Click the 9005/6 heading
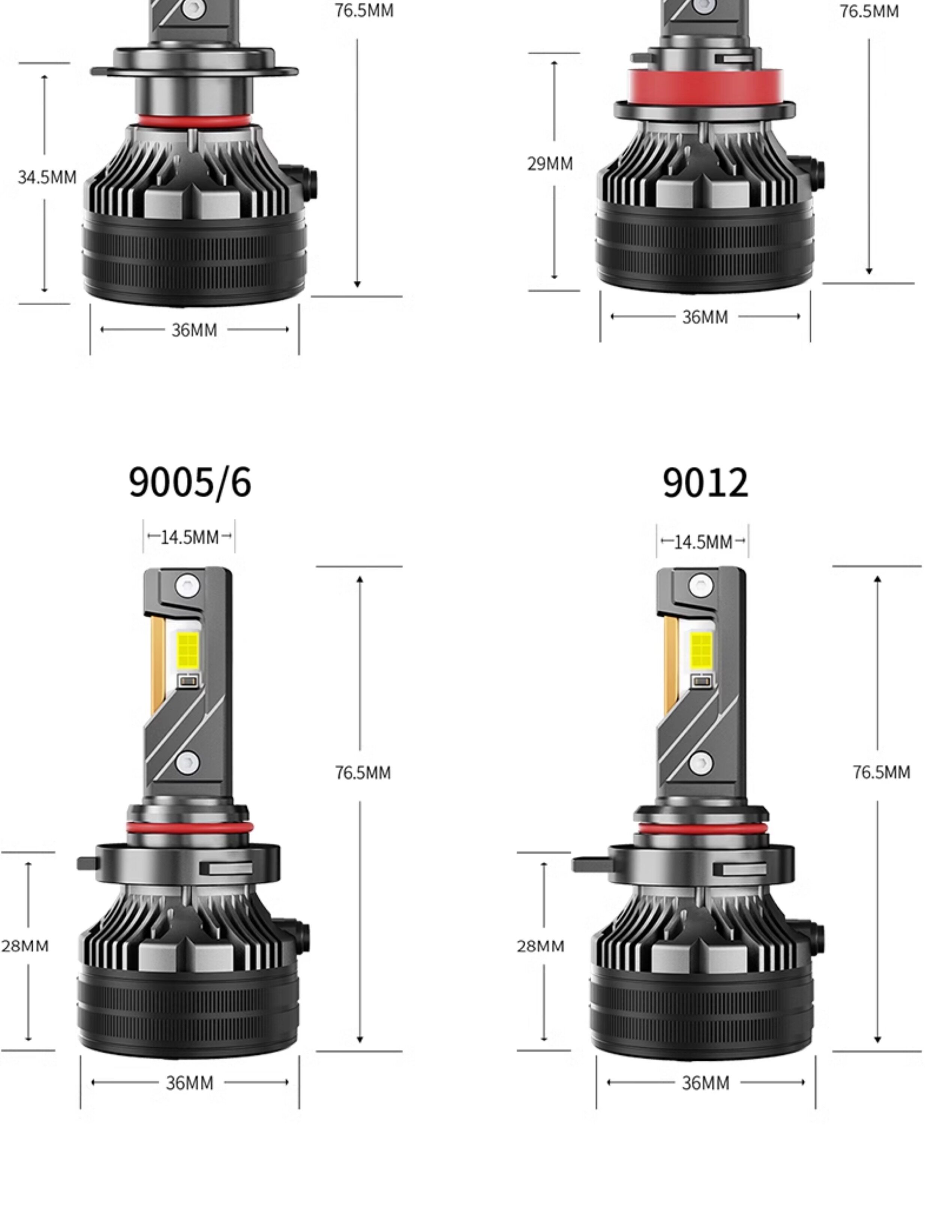pyautogui.click(x=190, y=482)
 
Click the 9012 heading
pyautogui.click(x=705, y=482)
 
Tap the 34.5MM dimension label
pyautogui.click(x=47, y=177)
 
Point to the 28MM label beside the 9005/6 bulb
pyautogui.click(x=25, y=945)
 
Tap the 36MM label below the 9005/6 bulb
pyautogui.click(x=189, y=1083)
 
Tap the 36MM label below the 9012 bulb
pyautogui.click(x=705, y=1083)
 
